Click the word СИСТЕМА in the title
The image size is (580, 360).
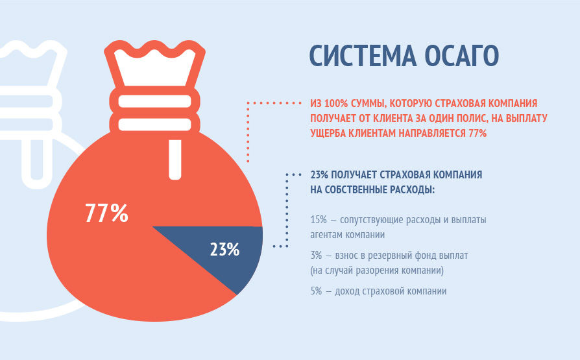[363, 56]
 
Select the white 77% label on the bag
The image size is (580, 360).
[106, 213]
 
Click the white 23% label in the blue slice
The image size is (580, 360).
[224, 249]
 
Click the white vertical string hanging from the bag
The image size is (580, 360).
[175, 160]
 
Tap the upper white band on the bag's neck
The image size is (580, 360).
[154, 101]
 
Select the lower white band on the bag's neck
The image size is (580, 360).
[154, 125]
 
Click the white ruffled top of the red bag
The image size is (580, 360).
[154, 67]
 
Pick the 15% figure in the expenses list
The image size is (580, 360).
[319, 220]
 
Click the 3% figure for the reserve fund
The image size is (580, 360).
[316, 256]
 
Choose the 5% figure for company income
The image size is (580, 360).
[316, 291]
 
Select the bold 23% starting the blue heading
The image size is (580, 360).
[320, 174]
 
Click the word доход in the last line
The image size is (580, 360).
[347, 291]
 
